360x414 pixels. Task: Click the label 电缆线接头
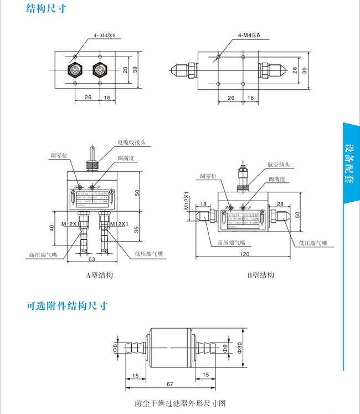pyautogui.click(x=131, y=142)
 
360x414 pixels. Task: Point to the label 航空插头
pyautogui.click(x=278, y=165)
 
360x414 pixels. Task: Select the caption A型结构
pyautogui.click(x=100, y=275)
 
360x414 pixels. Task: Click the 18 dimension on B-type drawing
pyautogui.click(x=204, y=204)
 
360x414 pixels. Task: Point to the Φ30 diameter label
pyautogui.click(x=240, y=346)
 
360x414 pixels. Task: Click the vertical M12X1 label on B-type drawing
pyautogui.click(x=187, y=201)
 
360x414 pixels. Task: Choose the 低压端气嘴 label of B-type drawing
pyautogui.click(x=312, y=243)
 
